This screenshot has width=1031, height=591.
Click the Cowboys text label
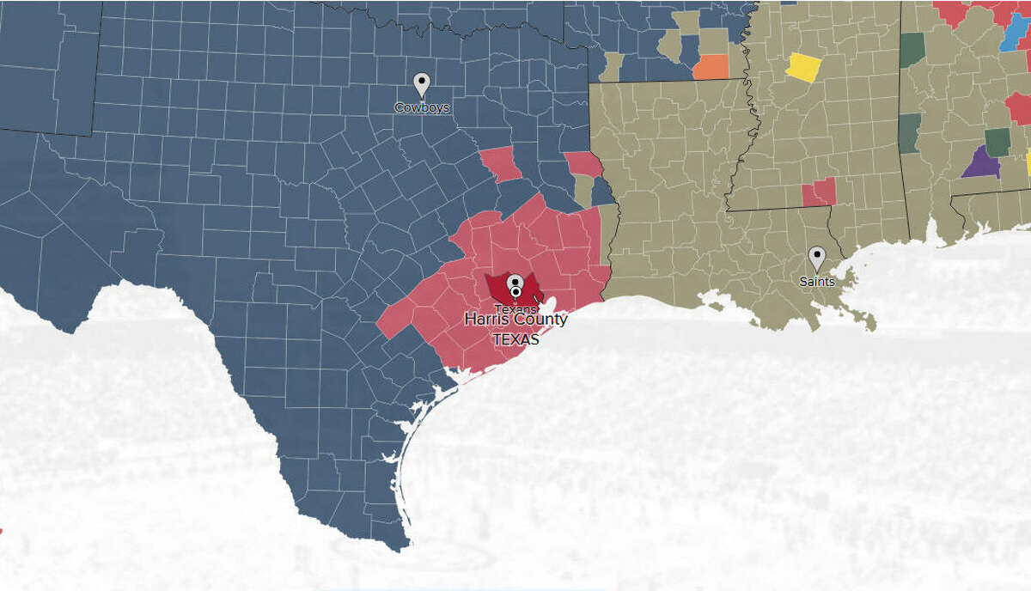(x=421, y=108)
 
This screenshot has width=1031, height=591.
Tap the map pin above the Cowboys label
(x=421, y=85)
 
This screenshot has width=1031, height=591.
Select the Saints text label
(x=816, y=281)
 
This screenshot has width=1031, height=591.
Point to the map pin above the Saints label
(x=817, y=258)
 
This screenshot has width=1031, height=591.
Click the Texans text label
(x=515, y=308)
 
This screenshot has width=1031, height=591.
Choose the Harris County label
(x=515, y=320)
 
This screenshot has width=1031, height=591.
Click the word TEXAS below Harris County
(x=515, y=339)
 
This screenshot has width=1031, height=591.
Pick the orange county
(x=711, y=67)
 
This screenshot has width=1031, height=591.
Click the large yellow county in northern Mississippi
(x=804, y=67)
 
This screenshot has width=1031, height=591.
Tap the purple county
(x=979, y=163)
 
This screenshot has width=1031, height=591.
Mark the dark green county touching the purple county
(x=997, y=141)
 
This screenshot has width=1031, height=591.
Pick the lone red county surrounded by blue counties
(x=499, y=164)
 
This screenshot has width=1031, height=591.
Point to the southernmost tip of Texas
(x=400, y=547)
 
